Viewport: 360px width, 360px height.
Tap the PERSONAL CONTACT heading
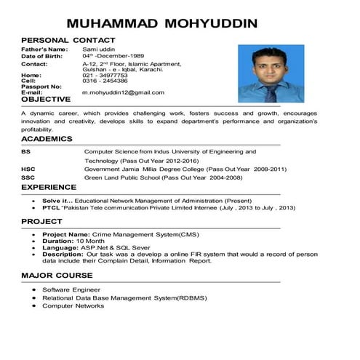(68, 39)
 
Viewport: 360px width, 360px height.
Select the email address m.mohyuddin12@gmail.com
(123, 92)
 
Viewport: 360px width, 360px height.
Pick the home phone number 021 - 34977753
(105, 75)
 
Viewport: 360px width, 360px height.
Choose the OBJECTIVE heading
(46, 100)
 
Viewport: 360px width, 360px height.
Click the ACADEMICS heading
(47, 138)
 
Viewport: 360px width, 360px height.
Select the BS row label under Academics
(25, 151)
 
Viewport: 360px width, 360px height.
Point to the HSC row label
(28, 169)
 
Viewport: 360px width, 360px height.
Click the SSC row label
(28, 177)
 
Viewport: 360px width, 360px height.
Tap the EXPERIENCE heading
(49, 188)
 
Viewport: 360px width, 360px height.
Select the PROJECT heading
(41, 221)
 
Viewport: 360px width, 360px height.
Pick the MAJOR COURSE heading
(57, 276)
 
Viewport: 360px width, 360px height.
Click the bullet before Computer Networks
(34, 306)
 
